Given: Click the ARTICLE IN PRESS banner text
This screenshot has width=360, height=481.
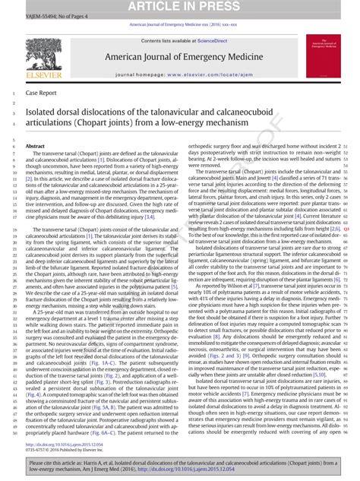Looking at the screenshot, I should pyautogui.click(x=179, y=7).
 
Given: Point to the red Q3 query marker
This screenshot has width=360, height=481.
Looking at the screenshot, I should pyautogui.click(x=346, y=228).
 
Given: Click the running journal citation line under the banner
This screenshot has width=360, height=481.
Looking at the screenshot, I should pyautogui.click(x=182, y=24).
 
